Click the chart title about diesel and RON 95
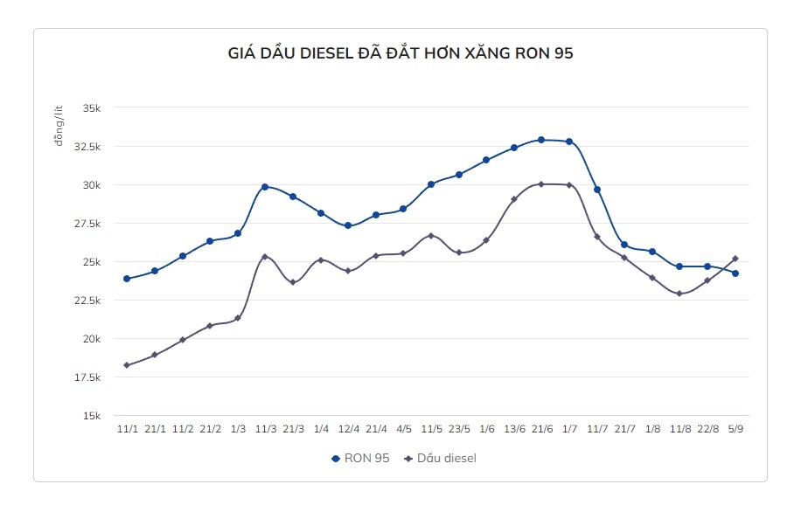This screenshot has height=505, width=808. [401, 53]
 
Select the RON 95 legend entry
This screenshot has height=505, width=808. [363, 458]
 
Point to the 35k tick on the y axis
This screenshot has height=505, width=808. [92, 108]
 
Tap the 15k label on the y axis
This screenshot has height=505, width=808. [92, 416]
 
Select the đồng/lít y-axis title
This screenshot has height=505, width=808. [59, 125]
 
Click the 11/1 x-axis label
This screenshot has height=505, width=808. [127, 429]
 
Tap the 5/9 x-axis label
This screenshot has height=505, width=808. [735, 429]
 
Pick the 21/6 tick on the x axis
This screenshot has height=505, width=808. [541, 429]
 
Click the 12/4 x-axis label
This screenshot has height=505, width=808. [348, 429]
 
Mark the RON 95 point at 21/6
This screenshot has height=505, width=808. [541, 140]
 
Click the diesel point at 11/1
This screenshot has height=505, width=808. [127, 365]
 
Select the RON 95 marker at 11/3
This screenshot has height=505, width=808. [265, 187]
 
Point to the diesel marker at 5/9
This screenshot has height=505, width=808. [735, 259]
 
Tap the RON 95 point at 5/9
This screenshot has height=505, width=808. [735, 273]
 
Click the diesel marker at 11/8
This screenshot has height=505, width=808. [679, 294]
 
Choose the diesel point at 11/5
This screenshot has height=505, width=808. [431, 236]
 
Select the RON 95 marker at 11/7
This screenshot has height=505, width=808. [597, 190]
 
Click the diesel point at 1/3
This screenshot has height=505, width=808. [238, 318]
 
